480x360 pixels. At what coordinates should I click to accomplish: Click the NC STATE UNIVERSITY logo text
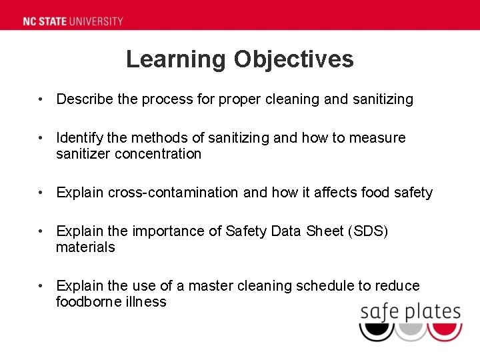(x=73, y=21)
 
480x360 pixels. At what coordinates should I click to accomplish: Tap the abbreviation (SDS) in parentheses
(x=365, y=231)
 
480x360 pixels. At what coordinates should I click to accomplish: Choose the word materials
(x=85, y=247)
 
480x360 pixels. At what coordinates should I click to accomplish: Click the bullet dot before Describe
(x=41, y=99)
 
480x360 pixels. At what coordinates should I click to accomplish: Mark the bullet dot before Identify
(x=41, y=138)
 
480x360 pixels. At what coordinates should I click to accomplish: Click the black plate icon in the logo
(x=377, y=330)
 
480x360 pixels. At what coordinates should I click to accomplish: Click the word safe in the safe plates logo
(x=378, y=311)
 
